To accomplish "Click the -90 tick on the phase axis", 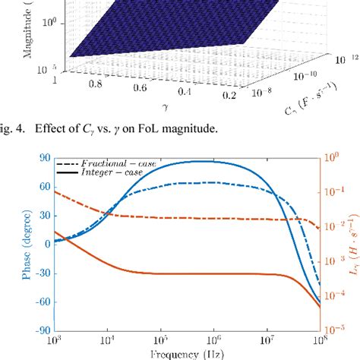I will [42, 330].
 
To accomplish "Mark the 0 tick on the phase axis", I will [46, 244].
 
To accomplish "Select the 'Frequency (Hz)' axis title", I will [186, 353].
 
